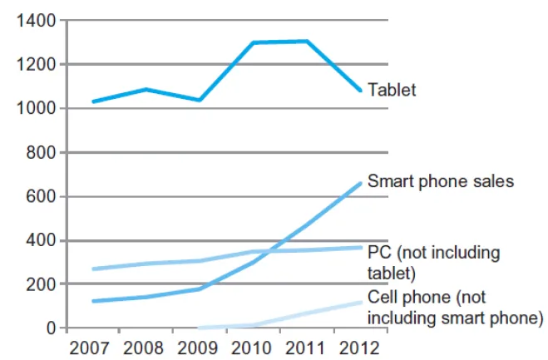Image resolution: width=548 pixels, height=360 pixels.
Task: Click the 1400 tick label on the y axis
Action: pos(35,21)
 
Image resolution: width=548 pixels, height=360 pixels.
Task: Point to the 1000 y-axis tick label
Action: pos(35,109)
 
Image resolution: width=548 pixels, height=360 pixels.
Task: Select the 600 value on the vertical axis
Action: pos(39,197)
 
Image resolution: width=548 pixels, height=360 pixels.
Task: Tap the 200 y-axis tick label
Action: pos(39,284)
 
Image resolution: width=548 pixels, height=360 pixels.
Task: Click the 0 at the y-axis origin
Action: pos(51,328)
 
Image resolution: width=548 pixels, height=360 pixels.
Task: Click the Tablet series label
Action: pos(391,90)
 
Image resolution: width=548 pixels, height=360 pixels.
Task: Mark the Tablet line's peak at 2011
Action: pos(308,41)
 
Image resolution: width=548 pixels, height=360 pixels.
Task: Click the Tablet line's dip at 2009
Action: pos(200,100)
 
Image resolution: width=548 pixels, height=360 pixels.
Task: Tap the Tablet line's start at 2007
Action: pos(93,101)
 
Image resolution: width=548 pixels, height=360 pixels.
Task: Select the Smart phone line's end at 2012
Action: pos(361,183)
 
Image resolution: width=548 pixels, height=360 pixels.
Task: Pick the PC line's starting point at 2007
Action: pos(93,269)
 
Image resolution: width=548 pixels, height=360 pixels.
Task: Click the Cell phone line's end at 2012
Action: pos(361,302)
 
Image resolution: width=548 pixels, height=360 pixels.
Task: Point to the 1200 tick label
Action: pos(35,65)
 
